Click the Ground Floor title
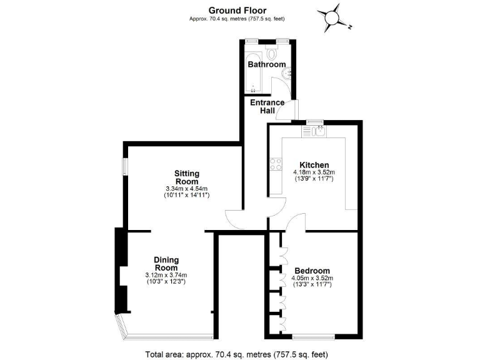(x=237, y=9)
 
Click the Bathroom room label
(x=266, y=64)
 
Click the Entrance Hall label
(x=267, y=107)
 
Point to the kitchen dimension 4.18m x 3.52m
(x=314, y=172)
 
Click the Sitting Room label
(x=187, y=177)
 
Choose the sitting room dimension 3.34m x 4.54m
(x=187, y=189)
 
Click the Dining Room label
(x=166, y=264)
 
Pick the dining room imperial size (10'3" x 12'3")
(x=166, y=282)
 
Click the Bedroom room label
(x=312, y=271)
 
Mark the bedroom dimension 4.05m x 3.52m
(x=312, y=278)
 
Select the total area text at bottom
(x=236, y=354)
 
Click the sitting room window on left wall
(x=124, y=166)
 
